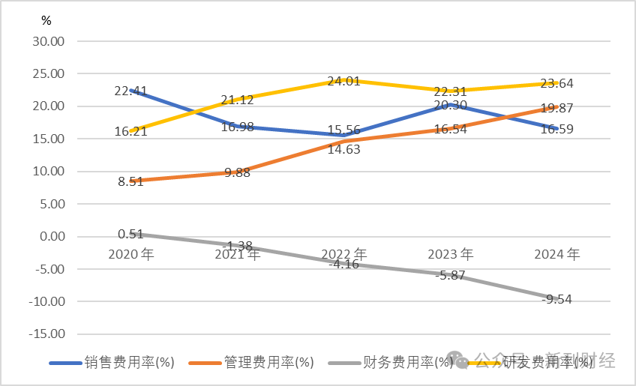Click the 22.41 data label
(130, 91)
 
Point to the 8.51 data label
(130, 181)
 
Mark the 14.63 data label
(343, 148)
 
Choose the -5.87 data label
(450, 275)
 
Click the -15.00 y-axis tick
(46, 334)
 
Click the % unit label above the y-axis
(46, 21)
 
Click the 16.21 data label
(130, 132)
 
